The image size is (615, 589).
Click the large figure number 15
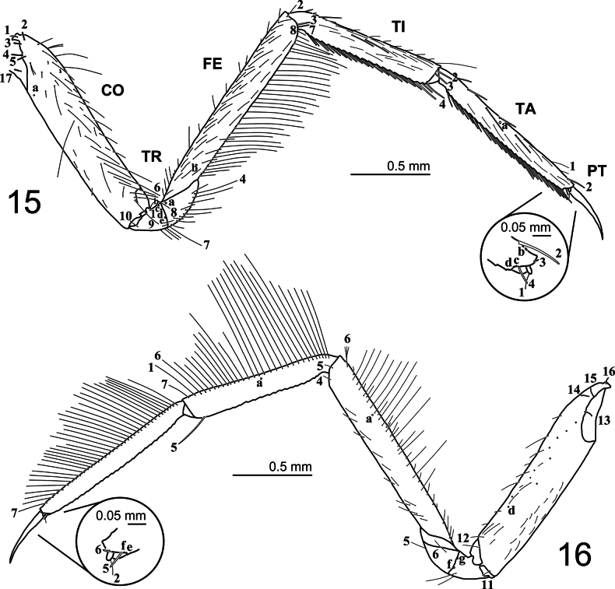click(24, 202)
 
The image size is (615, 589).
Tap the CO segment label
click(113, 91)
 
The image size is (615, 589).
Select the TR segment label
click(151, 156)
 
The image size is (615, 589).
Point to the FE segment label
click(213, 63)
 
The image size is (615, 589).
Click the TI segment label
click(398, 27)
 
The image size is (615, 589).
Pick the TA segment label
click(525, 109)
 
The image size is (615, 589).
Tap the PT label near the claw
click(596, 171)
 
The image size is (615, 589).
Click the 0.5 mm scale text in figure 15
click(409, 166)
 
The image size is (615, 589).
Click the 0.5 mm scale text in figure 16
click(290, 467)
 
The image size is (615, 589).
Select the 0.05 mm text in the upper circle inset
click(525, 227)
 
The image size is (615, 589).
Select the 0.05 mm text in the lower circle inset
click(121, 515)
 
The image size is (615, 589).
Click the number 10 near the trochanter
click(125, 216)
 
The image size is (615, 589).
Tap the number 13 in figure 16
click(604, 421)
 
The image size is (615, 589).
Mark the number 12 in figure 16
click(464, 539)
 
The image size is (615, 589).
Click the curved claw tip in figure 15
click(602, 238)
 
